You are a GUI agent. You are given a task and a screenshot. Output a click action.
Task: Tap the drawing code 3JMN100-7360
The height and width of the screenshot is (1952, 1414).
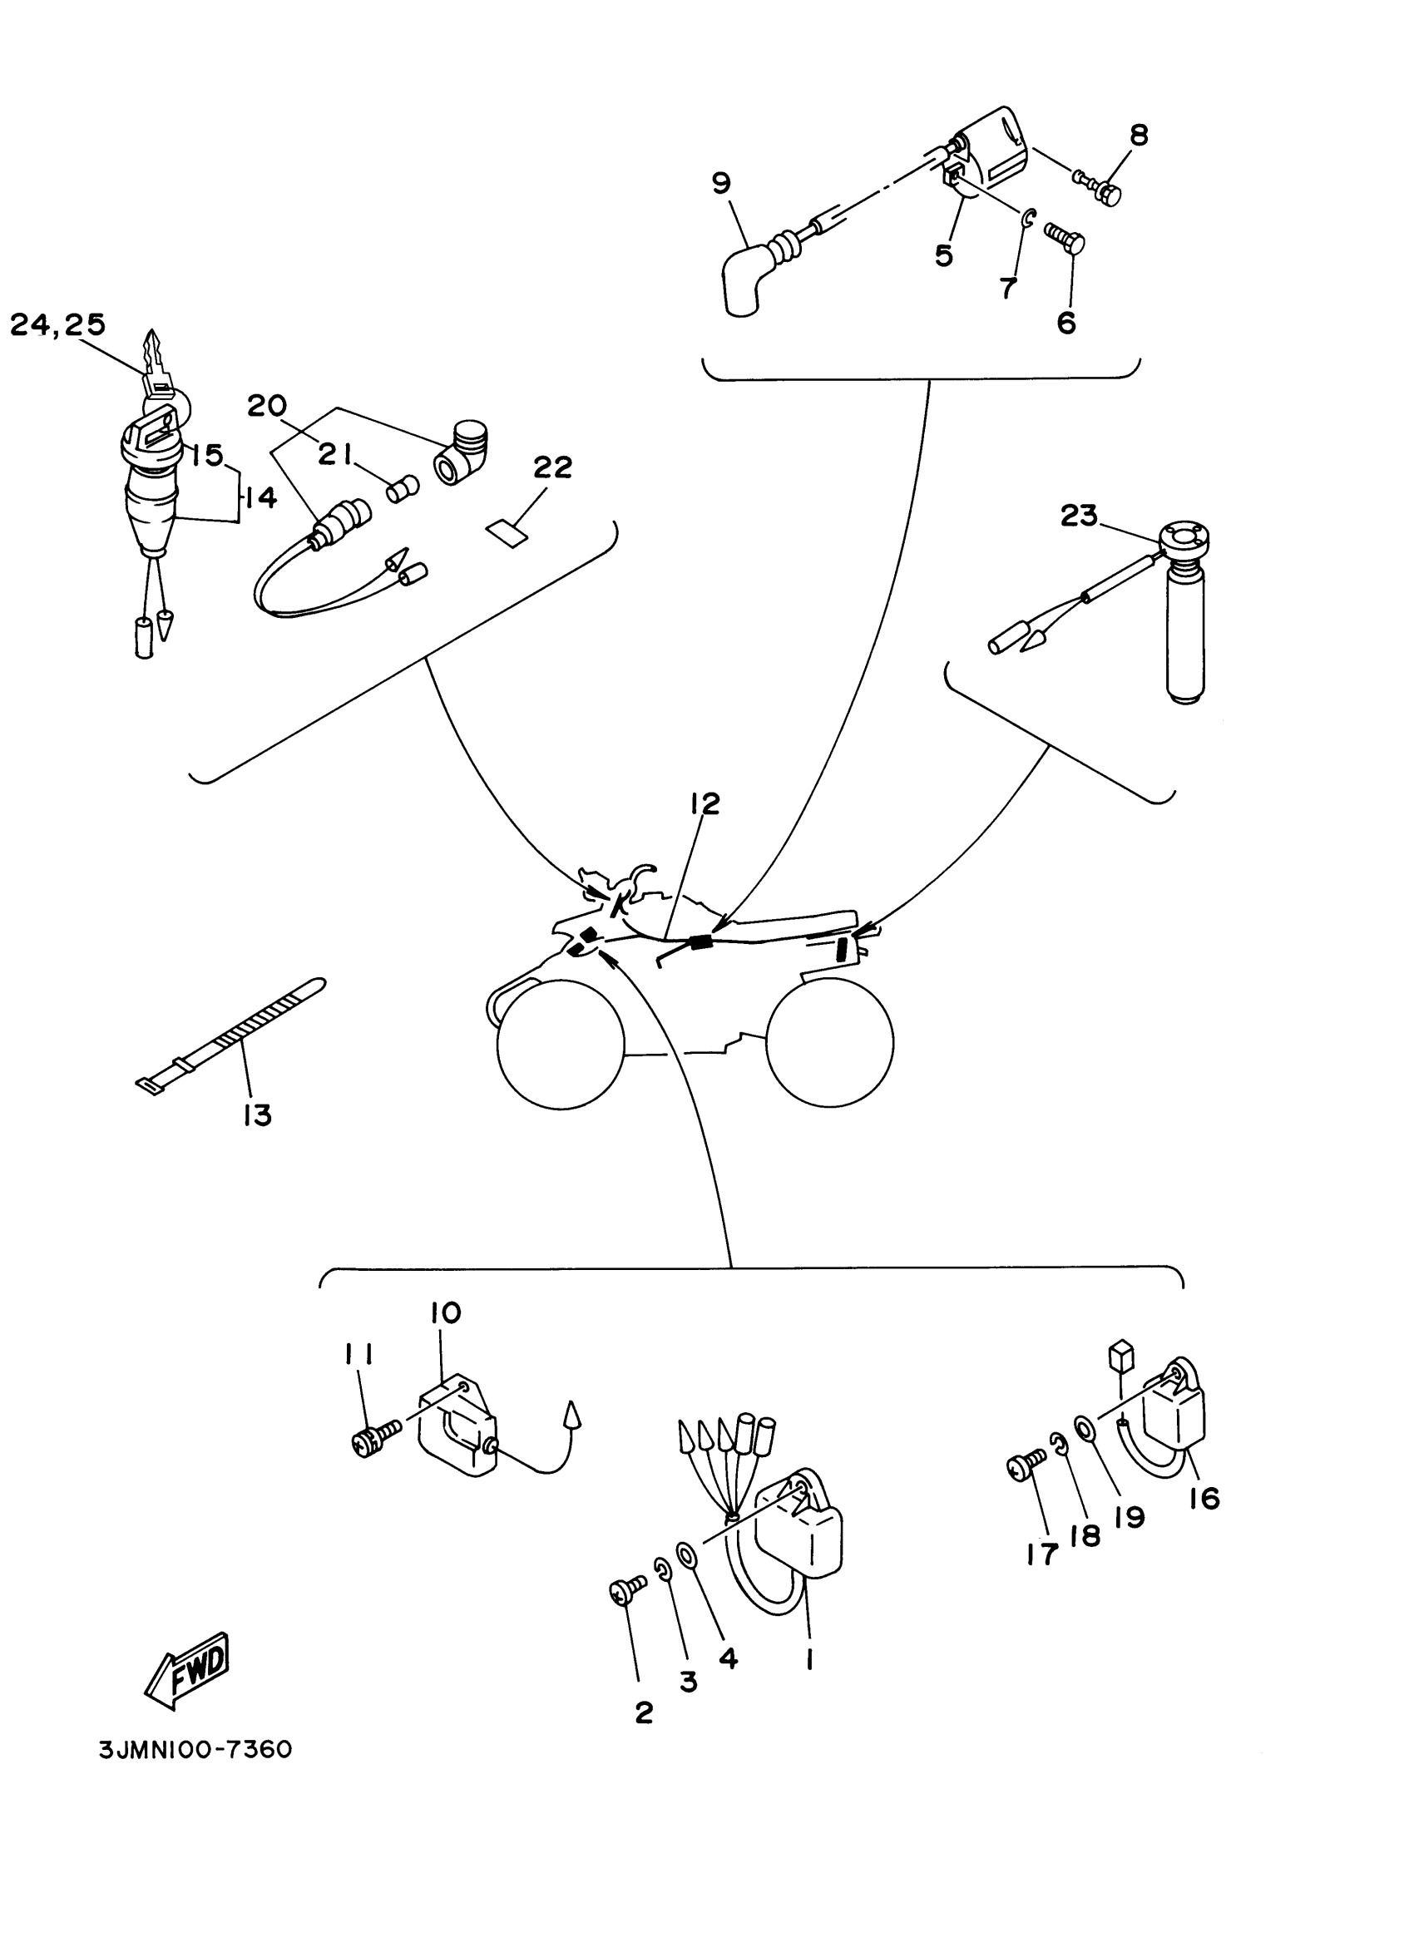coord(196,1751)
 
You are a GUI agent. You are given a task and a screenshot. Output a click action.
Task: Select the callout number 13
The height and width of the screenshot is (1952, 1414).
coord(257,1114)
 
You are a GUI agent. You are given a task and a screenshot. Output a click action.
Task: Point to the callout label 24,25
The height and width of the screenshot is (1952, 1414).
coord(57,325)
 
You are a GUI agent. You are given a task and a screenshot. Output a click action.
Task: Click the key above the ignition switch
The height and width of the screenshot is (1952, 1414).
coord(157,363)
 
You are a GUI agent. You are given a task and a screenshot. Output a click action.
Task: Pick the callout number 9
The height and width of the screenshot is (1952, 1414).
coord(721,182)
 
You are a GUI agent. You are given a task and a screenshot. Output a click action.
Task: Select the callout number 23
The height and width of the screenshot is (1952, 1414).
coord(1078,516)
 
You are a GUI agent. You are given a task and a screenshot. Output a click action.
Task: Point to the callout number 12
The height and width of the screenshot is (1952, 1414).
coord(704,803)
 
